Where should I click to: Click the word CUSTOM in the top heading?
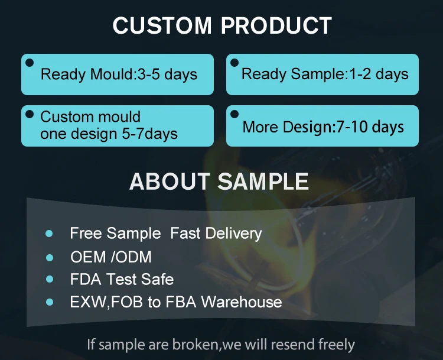tap(162, 25)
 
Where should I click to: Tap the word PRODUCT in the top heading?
tap(276, 25)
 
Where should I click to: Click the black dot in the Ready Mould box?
tap(30, 63)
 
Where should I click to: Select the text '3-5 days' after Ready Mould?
tap(167, 74)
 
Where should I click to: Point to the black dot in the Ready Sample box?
tap(234, 63)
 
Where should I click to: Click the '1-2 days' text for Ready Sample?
tap(379, 74)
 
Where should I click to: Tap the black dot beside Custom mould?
tap(30, 114)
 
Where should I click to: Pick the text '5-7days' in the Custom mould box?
tap(150, 134)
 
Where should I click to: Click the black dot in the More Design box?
tap(234, 114)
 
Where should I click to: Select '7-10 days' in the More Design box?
tap(370, 127)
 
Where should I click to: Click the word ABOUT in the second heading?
tap(170, 181)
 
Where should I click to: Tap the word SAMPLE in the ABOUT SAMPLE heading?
tap(263, 181)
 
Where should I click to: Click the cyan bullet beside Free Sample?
tap(49, 233)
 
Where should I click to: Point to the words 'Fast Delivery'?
tap(216, 233)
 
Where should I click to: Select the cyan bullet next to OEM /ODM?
tap(50, 258)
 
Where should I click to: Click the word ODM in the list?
tap(134, 257)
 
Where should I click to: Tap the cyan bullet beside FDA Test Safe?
tap(50, 279)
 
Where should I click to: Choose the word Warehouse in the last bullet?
tap(242, 301)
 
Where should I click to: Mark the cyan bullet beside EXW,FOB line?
tap(50, 302)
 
